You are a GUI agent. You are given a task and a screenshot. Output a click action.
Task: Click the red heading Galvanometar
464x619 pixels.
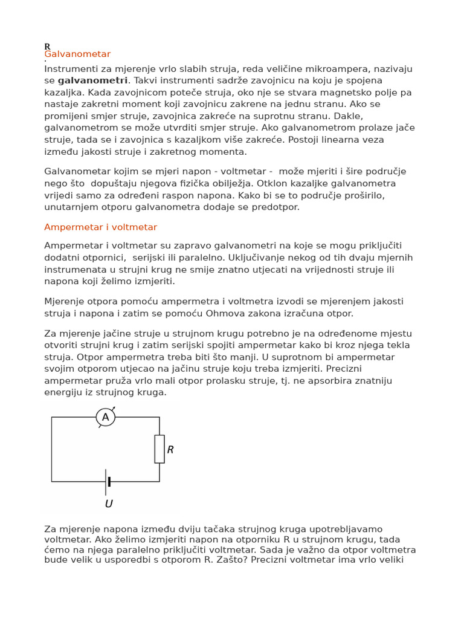(x=77, y=54)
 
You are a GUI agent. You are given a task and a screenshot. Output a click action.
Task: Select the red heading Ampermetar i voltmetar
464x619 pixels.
(x=100, y=227)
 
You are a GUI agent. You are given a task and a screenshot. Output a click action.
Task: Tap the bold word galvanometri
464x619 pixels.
(x=92, y=80)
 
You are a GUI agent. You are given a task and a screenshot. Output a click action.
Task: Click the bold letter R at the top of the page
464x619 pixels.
(x=47, y=47)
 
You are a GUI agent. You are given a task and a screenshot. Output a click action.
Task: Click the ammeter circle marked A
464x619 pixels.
(x=106, y=417)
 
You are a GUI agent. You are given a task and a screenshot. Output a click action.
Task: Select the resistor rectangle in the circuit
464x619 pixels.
(x=159, y=449)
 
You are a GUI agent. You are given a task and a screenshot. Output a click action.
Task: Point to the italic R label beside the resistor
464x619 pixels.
(x=170, y=450)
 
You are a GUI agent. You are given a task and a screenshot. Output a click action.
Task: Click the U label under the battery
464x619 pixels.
(x=109, y=504)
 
